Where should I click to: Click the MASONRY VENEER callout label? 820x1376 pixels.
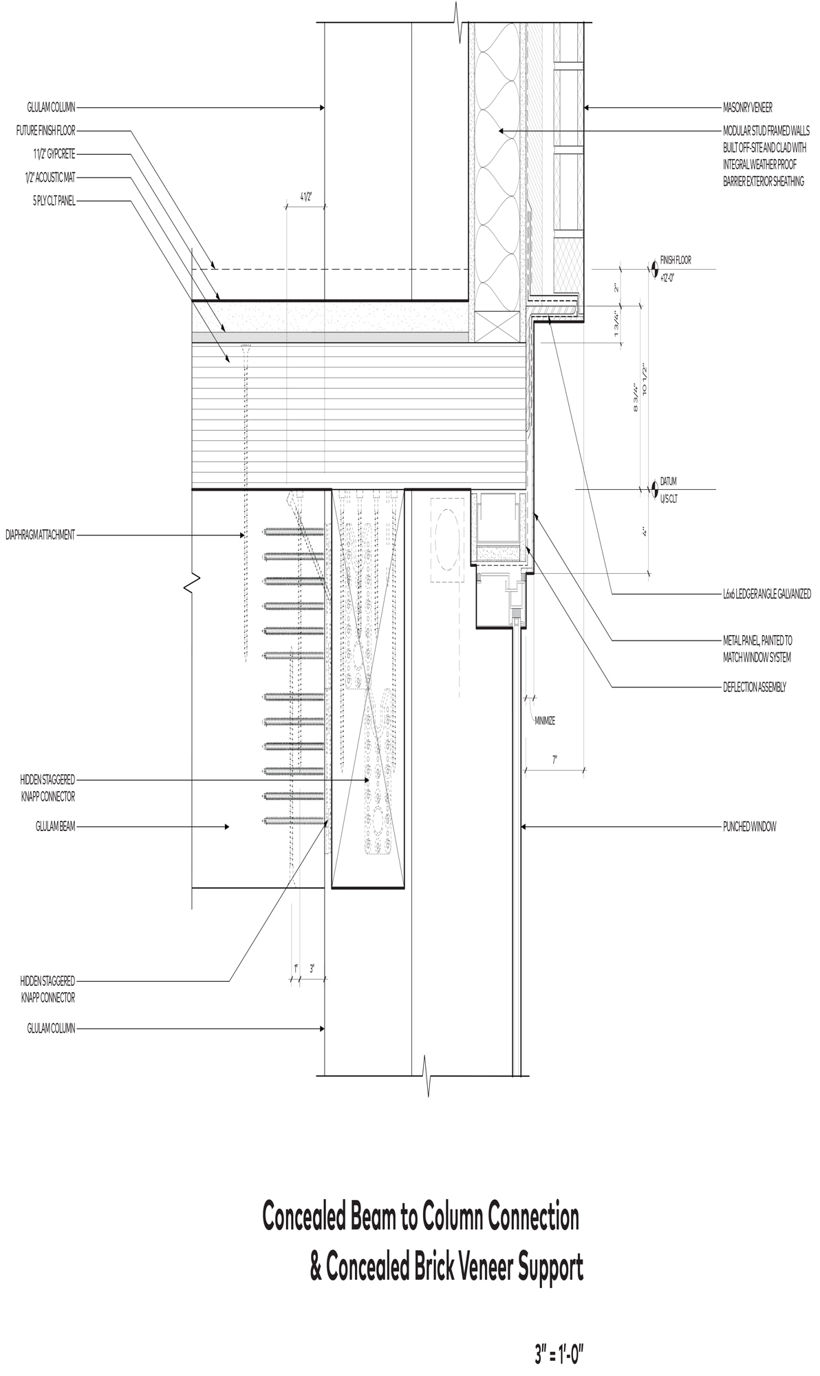pyautogui.click(x=747, y=107)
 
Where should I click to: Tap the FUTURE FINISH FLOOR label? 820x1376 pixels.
pyautogui.click(x=46, y=130)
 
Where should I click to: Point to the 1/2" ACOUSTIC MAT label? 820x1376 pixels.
pyautogui.click(x=50, y=178)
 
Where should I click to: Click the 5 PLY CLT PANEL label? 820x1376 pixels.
pyautogui.click(x=54, y=202)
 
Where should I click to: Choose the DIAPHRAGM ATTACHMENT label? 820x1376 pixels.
pyautogui.click(x=40, y=535)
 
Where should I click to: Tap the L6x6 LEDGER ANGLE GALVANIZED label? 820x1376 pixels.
pyautogui.click(x=766, y=594)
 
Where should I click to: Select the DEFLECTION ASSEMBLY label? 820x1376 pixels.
pyautogui.click(x=754, y=687)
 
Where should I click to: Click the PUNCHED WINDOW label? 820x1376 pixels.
pyautogui.click(x=749, y=826)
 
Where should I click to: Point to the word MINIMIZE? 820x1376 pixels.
pyautogui.click(x=545, y=721)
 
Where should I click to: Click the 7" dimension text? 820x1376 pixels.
pyautogui.click(x=554, y=760)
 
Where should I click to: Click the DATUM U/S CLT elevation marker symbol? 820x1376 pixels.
pyautogui.click(x=653, y=489)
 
